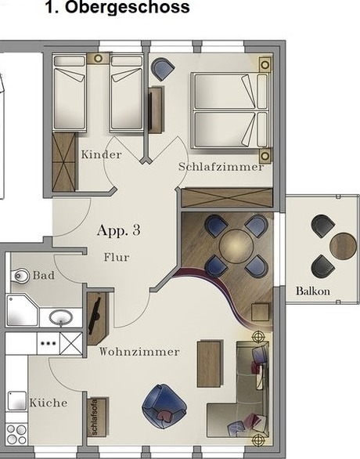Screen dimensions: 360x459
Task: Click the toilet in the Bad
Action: coord(20,276)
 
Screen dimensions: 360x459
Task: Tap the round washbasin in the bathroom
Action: coord(61,318)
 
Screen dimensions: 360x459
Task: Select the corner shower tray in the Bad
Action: coord(22,311)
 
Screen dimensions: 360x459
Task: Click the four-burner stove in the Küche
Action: coord(17,435)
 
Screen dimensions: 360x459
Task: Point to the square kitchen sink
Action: coord(17,401)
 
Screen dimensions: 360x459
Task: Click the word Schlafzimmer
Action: coord(221,167)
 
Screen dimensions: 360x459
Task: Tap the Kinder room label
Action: coord(101,154)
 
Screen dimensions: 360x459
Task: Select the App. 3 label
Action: coord(118,230)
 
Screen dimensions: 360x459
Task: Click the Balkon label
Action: coord(313,291)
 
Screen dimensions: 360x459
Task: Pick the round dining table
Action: coord(236,246)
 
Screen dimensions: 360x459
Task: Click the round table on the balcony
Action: coord(343,246)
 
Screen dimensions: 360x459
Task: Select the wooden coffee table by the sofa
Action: coord(209,363)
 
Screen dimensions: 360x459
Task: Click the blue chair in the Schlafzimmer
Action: coord(163,69)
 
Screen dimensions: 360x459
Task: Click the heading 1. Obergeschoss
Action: coord(117,7)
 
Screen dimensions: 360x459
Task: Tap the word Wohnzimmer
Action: coord(139,351)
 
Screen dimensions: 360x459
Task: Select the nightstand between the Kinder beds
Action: coord(98,59)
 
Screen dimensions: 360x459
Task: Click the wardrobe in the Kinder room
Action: coord(63,162)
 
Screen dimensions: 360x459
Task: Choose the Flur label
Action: coord(117,258)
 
